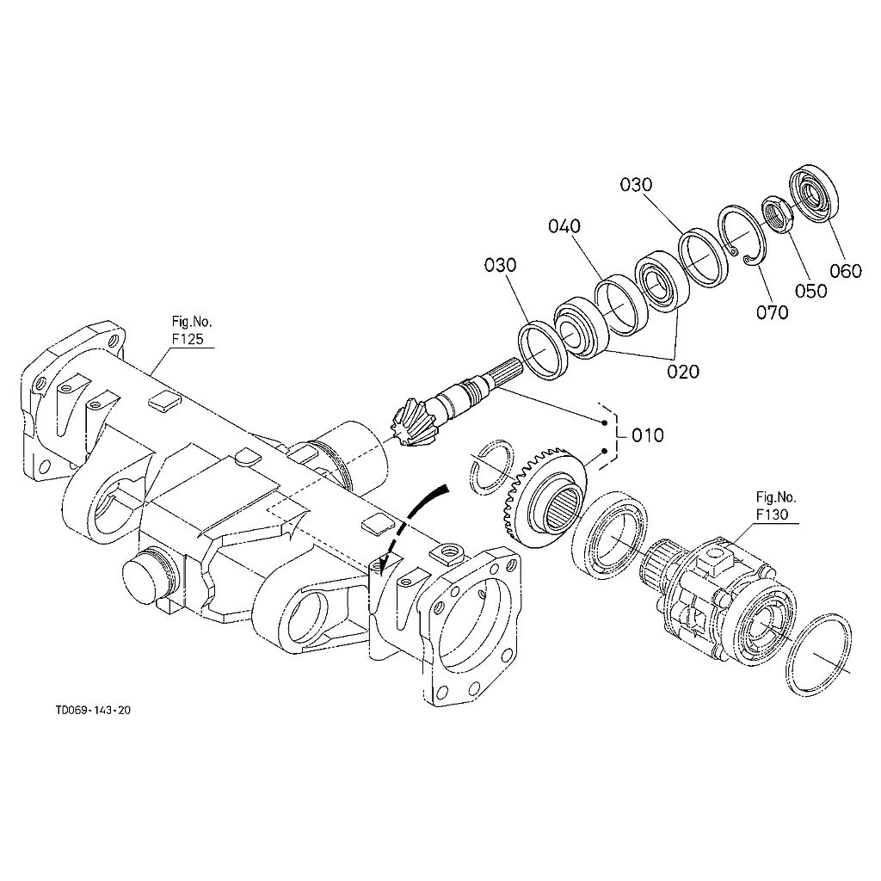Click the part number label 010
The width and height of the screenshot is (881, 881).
(x=647, y=435)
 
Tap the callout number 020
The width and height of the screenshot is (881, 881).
(x=681, y=372)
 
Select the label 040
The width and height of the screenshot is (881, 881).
(x=564, y=226)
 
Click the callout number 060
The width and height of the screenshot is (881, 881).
(x=845, y=271)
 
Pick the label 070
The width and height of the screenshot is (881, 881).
(x=772, y=312)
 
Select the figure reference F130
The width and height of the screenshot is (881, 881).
(x=776, y=514)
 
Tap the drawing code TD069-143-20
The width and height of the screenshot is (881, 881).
(x=93, y=711)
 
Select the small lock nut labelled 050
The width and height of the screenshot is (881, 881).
(x=775, y=214)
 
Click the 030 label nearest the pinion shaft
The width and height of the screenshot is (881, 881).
(x=500, y=265)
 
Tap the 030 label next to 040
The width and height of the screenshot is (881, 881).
(x=635, y=184)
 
